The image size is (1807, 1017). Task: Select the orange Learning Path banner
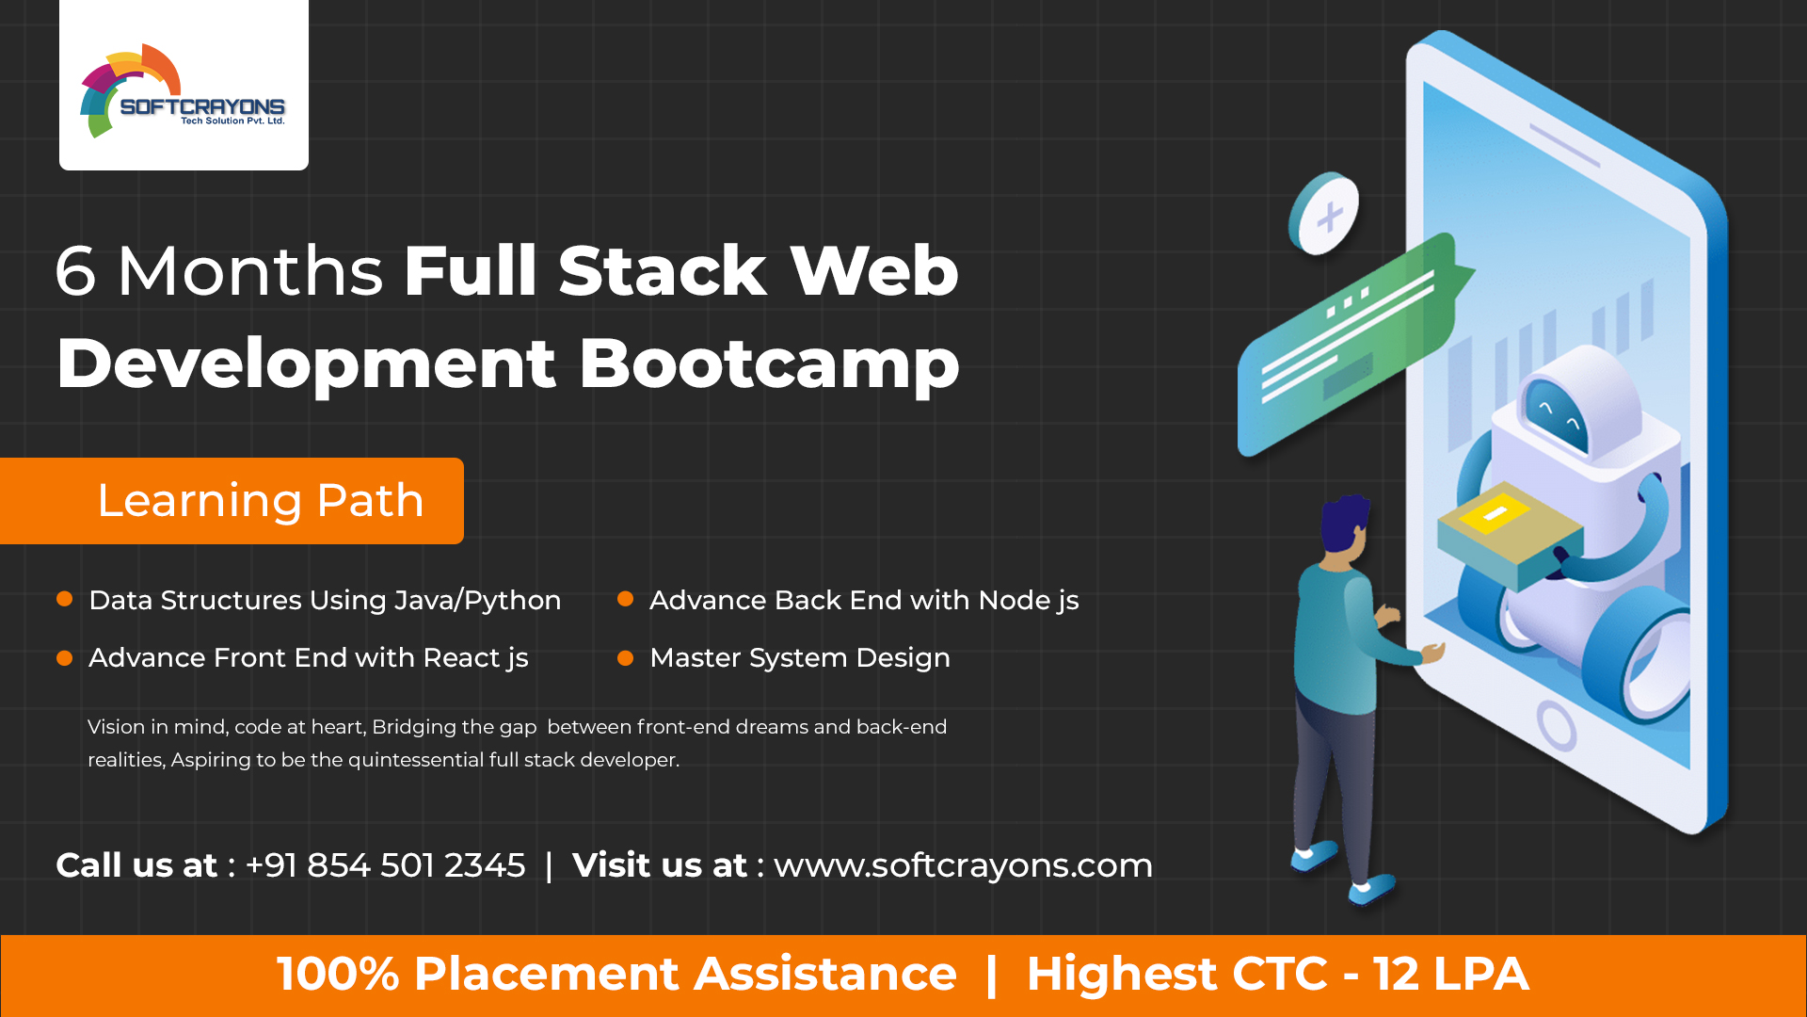point(232,501)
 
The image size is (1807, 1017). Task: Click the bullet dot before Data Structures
point(65,599)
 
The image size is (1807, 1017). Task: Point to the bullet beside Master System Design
point(625,658)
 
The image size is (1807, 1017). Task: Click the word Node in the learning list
point(1015,600)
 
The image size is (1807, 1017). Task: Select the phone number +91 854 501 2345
point(385,865)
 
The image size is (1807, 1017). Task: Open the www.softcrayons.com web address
point(963,865)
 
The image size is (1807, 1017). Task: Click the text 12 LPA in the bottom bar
point(1450,974)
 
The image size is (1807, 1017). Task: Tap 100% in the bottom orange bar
point(338,974)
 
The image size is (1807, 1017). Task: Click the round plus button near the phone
point(1325,214)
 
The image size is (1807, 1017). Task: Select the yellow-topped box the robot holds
point(1506,527)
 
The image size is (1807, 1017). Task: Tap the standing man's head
point(1344,527)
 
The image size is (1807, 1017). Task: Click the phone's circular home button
point(1557,725)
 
